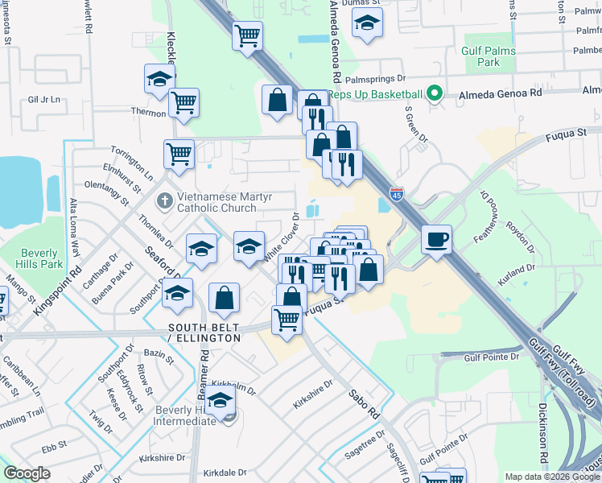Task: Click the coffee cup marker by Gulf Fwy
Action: (436, 240)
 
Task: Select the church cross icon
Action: (165, 199)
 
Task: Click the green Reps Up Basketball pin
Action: (435, 94)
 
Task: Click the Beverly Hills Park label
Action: (41, 258)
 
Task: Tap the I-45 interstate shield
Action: (397, 194)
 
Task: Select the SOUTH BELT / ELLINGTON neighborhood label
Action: (204, 332)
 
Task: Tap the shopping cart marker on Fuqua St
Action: (287, 319)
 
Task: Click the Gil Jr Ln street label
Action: (44, 100)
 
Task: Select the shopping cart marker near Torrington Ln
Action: (179, 153)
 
